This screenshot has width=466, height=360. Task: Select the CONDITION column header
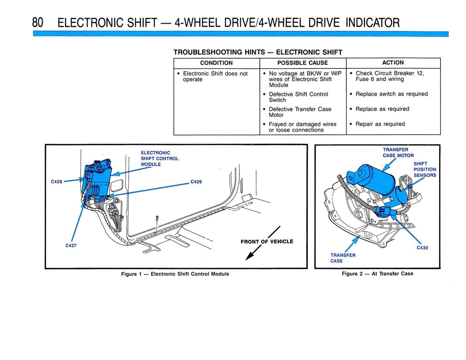pyautogui.click(x=216, y=63)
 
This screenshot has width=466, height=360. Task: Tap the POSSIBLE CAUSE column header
pyautogui.click(x=302, y=63)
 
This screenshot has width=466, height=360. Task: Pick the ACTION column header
pyautogui.click(x=393, y=63)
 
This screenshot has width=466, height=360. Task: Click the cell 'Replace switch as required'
pyautogui.click(x=391, y=94)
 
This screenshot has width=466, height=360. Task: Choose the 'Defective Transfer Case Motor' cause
pyautogui.click(x=300, y=112)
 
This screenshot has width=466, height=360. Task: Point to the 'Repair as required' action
pyautogui.click(x=380, y=124)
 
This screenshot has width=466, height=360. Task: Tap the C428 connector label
pyautogui.click(x=57, y=182)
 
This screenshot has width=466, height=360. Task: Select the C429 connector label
pyautogui.click(x=196, y=182)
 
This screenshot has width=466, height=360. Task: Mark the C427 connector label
pyautogui.click(x=71, y=246)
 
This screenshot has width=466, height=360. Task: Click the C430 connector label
pyautogui.click(x=422, y=248)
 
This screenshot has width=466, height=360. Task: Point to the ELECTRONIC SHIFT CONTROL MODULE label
pyautogui.click(x=159, y=158)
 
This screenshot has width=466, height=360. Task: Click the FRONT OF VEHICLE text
pyautogui.click(x=267, y=242)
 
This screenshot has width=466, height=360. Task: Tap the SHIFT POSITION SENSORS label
pyautogui.click(x=425, y=169)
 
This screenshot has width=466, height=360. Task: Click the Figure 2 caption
pyautogui.click(x=377, y=274)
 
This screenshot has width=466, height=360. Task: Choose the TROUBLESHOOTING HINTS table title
pyautogui.click(x=258, y=52)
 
